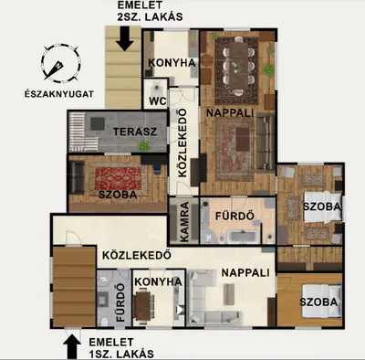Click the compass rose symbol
[x=60, y=63]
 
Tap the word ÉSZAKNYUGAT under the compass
[x=59, y=94]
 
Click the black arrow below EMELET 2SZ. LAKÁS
[x=125, y=38]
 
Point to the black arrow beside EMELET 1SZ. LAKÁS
[x=72, y=346]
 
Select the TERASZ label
[x=135, y=132]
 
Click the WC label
[x=158, y=101]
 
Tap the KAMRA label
[x=184, y=222]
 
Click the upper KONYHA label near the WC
[x=172, y=63]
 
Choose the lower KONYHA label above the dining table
[x=158, y=281]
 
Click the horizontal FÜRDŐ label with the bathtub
[x=235, y=216]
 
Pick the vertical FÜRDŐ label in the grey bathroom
[x=120, y=302]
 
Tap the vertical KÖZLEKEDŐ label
[x=182, y=143]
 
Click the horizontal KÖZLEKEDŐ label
[x=137, y=255]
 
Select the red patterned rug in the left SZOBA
[x=119, y=178]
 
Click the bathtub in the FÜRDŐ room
[x=243, y=237]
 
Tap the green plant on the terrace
[x=143, y=146]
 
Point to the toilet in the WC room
[x=157, y=87]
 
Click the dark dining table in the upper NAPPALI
[x=238, y=65]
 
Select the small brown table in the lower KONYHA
[x=141, y=305]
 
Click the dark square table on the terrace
[x=98, y=123]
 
